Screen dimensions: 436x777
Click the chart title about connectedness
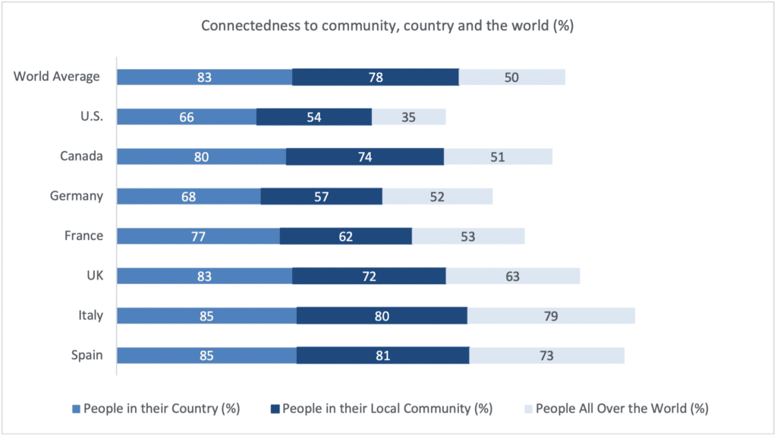[387, 26]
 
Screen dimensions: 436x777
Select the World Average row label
[57, 76]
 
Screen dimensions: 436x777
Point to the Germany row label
[76, 196]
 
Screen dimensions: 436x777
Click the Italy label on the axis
[90, 315]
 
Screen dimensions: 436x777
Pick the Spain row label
[87, 355]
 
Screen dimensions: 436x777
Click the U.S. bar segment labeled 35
[408, 117]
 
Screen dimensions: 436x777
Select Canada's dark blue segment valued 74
[365, 157]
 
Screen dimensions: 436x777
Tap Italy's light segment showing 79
[551, 316]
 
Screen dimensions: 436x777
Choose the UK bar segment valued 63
[513, 276]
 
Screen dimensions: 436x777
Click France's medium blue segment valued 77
[199, 236]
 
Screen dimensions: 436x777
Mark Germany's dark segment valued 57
[322, 197]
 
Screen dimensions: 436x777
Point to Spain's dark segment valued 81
[382, 355]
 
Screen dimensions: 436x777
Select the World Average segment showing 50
[512, 77]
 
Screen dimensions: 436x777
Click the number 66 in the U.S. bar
[187, 117]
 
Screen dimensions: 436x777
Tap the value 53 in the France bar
[467, 236]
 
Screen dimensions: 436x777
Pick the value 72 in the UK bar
[369, 276]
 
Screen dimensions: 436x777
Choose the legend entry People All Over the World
[621, 409]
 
